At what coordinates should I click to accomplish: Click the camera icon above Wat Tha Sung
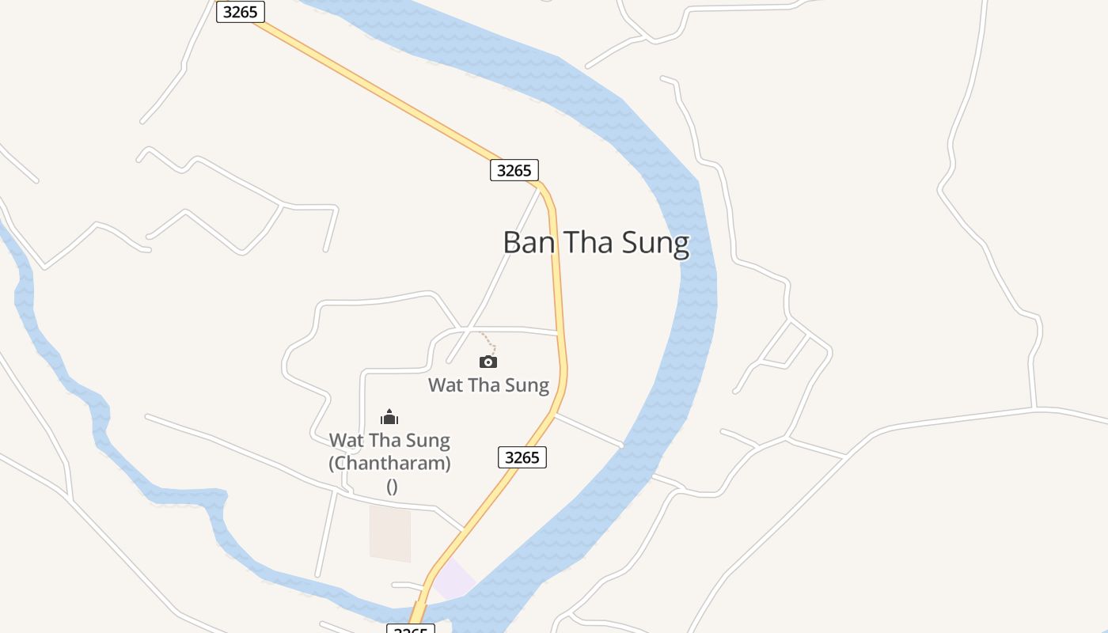pos(488,362)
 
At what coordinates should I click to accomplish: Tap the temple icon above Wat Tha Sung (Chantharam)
pos(389,417)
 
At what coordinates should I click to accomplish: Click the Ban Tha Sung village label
pos(595,242)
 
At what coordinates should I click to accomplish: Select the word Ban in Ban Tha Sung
pos(529,242)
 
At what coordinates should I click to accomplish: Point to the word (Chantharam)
pos(389,463)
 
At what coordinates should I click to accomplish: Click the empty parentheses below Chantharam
pos(392,486)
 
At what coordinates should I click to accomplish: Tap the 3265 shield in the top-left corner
pos(240,12)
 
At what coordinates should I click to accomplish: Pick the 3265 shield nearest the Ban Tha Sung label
pos(514,170)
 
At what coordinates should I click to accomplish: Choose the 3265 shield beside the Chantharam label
pos(522,457)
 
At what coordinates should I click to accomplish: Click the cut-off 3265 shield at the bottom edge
pos(410,629)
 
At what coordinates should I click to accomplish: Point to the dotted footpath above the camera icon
pos(490,343)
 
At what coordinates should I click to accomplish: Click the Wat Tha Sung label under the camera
pos(488,385)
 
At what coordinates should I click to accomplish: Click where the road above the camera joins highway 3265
pos(560,333)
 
